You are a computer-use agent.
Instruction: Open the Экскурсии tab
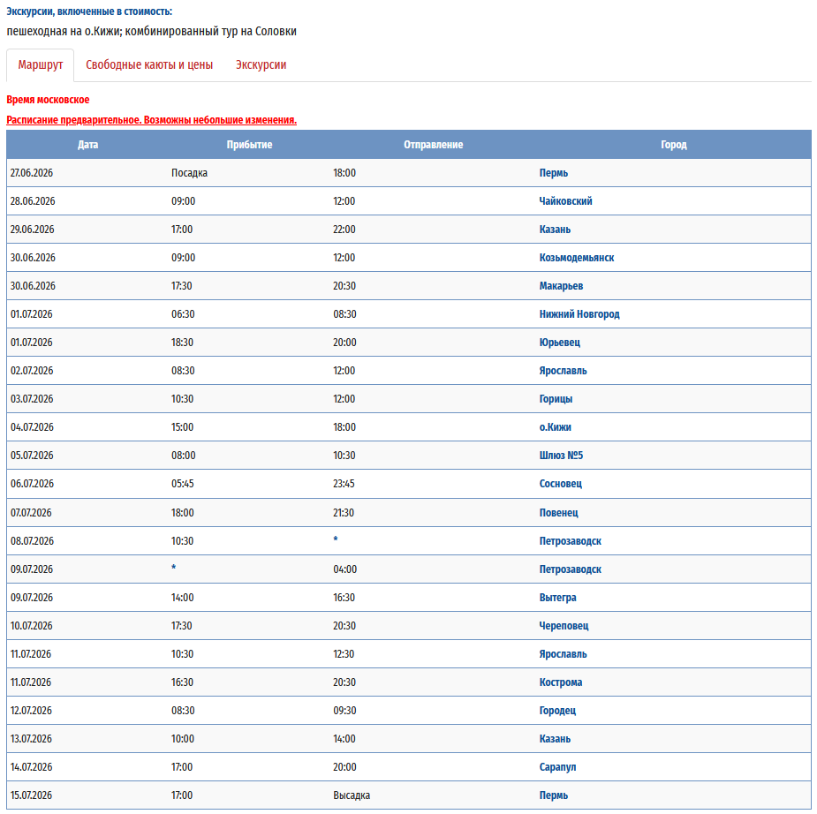(261, 64)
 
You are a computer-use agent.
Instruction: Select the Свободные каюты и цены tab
(149, 64)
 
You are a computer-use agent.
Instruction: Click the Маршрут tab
(41, 64)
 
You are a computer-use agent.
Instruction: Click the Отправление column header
(433, 145)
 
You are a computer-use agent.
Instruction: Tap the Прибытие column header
(249, 145)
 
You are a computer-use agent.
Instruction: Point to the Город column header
(673, 145)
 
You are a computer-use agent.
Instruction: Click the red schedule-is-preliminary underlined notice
(151, 120)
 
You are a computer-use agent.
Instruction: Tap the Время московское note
(48, 100)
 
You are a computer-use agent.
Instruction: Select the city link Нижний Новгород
(579, 314)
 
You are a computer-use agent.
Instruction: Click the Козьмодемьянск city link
(577, 258)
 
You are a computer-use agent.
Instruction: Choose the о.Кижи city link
(556, 427)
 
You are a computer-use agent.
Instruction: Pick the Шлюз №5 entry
(562, 456)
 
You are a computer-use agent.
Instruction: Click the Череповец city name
(564, 626)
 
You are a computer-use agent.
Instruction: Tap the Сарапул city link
(557, 767)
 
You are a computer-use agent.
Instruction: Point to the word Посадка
(189, 173)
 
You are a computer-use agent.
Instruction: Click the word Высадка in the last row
(352, 795)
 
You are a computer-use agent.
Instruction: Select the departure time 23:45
(344, 484)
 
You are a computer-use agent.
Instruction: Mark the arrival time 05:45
(183, 484)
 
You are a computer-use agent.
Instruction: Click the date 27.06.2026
(31, 173)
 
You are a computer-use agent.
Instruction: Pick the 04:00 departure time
(344, 569)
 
